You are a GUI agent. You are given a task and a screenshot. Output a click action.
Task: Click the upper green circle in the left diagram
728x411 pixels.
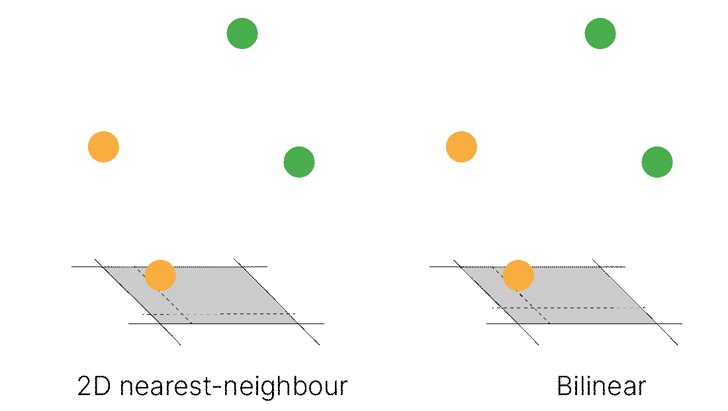tap(242, 33)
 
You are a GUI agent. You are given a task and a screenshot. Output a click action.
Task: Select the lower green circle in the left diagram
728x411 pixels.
tap(299, 162)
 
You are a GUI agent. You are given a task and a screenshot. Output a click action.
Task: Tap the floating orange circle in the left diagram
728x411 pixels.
tap(103, 147)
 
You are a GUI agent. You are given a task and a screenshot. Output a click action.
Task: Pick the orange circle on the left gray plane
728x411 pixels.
tap(160, 275)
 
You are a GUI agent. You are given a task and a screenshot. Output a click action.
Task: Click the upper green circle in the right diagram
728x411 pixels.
tap(600, 33)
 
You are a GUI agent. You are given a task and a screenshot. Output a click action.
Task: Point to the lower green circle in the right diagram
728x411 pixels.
tap(657, 162)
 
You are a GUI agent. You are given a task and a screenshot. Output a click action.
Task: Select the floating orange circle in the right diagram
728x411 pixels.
tap(461, 147)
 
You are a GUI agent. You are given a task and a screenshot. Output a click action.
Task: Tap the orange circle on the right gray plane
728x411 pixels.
tap(518, 275)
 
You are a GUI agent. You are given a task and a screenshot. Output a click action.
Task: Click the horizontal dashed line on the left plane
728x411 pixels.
tap(232, 314)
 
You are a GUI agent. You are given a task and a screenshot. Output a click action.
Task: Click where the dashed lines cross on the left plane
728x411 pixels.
tap(182, 314)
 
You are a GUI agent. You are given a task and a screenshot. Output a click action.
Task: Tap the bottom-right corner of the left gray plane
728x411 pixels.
tap(297, 323)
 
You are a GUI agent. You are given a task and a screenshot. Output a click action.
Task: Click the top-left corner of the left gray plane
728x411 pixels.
tap(105, 268)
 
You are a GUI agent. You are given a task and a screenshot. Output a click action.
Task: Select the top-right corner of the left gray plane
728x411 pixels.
tap(241, 268)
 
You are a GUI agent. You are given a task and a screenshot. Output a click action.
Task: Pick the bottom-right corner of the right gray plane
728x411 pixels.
tap(655, 323)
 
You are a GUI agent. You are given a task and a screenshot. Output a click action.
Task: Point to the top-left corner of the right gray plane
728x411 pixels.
tap(463, 268)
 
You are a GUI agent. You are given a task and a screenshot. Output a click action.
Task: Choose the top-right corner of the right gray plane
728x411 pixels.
tap(599, 268)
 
